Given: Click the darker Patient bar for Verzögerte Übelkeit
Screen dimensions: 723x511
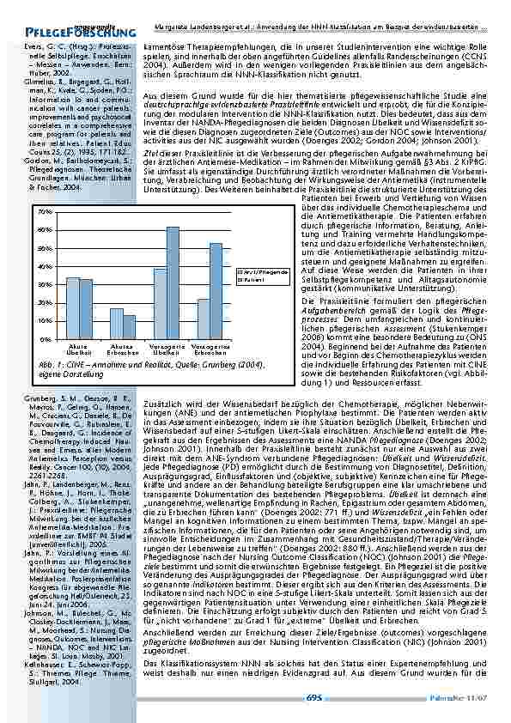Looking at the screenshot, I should (172, 283).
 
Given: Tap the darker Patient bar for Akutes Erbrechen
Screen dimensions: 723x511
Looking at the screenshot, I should (129, 327).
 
